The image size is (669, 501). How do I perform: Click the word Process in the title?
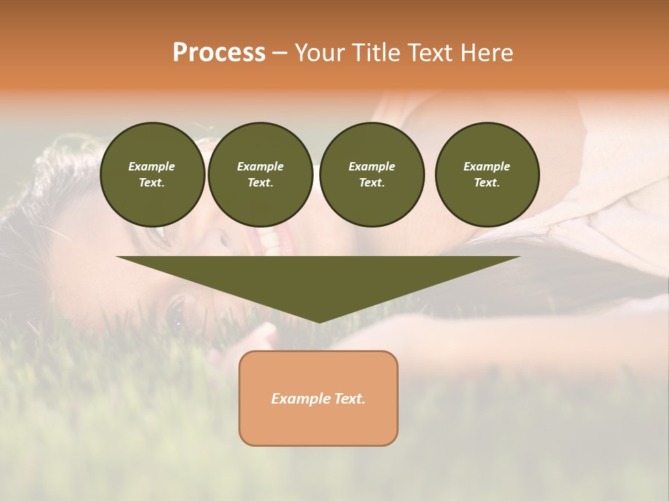click(219, 53)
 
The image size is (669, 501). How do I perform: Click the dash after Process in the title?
click(280, 54)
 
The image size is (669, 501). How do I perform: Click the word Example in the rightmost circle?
click(486, 166)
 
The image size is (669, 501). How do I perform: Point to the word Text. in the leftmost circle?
click(152, 183)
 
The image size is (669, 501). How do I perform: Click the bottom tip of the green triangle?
click(318, 321)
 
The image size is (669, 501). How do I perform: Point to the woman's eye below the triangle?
click(176, 309)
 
